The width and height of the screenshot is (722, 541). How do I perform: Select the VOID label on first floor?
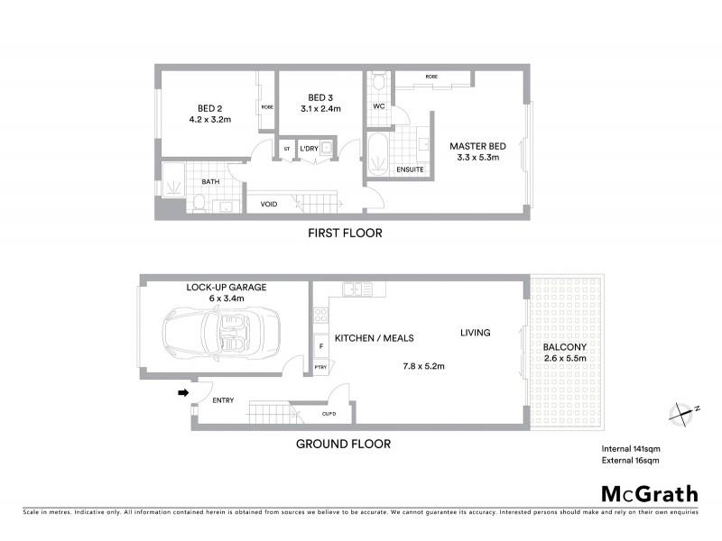coord(268,204)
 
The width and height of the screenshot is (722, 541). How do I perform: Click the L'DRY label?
coord(310,148)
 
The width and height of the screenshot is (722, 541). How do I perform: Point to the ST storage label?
coord(287,148)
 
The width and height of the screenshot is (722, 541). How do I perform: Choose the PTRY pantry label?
coord(320,367)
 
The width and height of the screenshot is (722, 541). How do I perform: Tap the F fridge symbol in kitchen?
coord(320,346)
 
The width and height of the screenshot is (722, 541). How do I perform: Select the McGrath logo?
coord(650,493)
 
